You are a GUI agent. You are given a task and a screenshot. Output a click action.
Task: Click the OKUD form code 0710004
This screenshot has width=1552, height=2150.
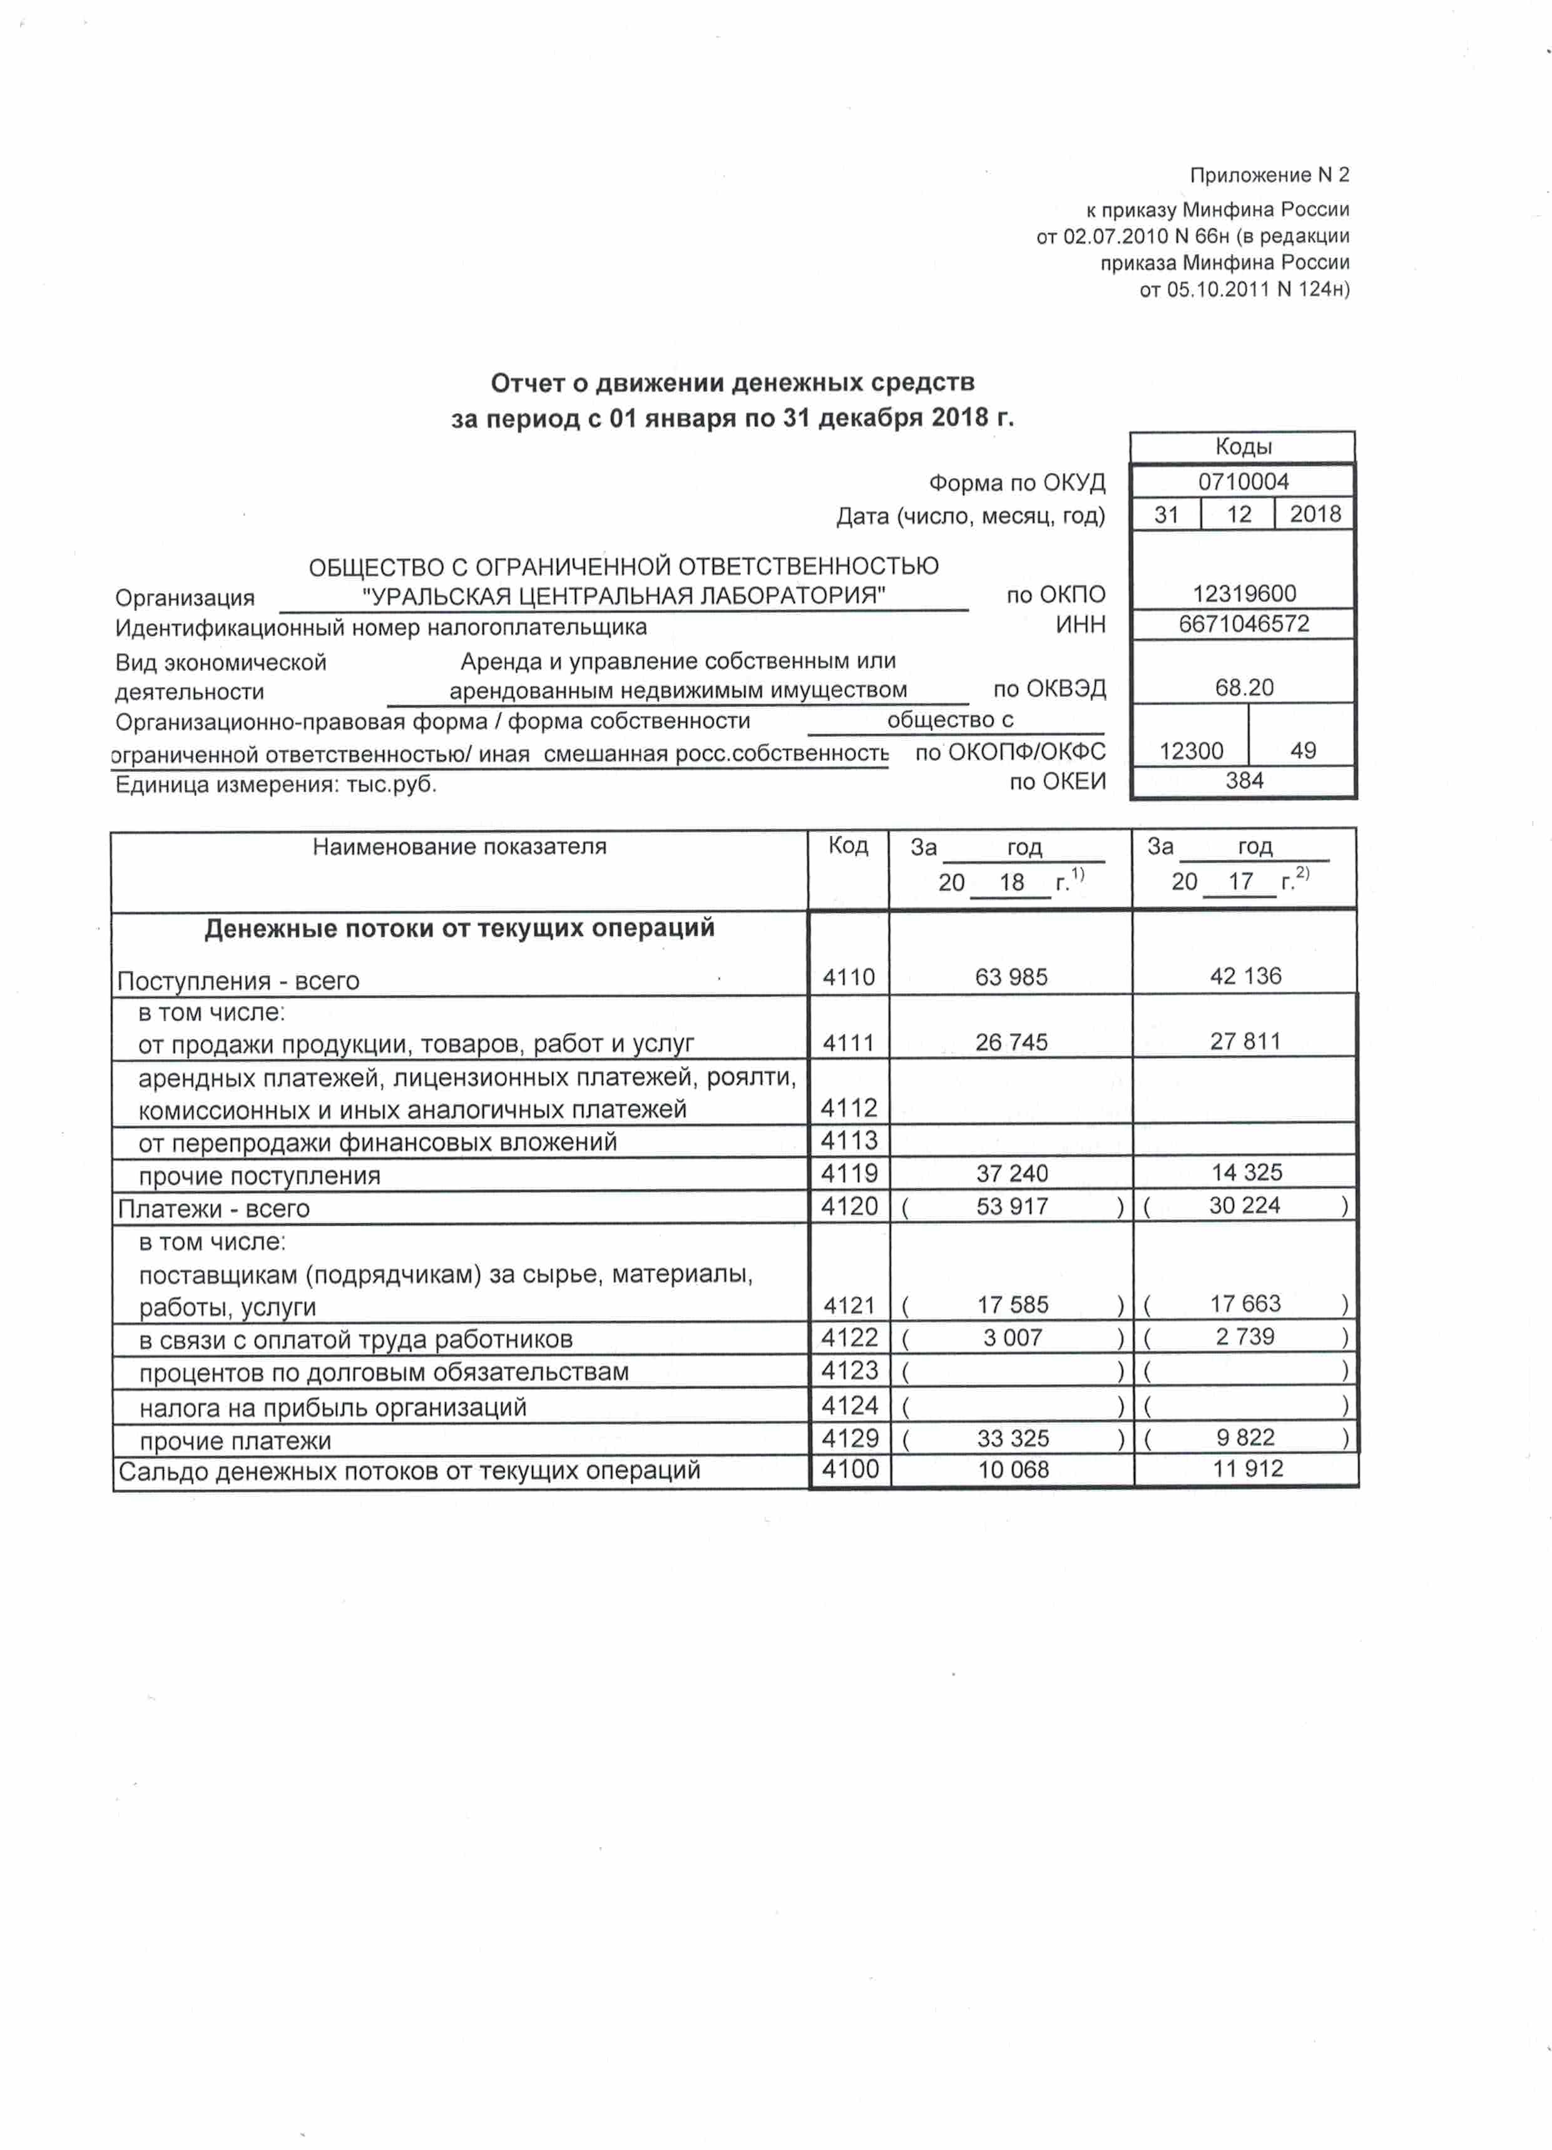[1243, 482]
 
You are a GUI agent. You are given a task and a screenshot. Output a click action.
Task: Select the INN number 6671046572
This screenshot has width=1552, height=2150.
[1243, 624]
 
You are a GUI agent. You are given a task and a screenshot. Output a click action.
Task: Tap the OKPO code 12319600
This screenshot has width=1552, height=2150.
[1243, 593]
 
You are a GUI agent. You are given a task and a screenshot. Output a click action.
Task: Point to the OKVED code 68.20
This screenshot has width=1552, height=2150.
[1243, 687]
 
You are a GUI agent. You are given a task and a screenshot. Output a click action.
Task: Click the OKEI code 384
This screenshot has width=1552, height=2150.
[1243, 780]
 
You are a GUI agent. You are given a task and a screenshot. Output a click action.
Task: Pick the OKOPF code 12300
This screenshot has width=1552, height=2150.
[1191, 751]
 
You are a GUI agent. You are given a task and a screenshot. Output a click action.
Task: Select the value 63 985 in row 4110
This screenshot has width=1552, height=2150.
[1011, 976]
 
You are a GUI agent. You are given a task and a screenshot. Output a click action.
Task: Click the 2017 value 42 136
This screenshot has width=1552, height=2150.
[1245, 976]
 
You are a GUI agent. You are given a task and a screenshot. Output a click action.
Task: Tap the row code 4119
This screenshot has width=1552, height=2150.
[849, 1173]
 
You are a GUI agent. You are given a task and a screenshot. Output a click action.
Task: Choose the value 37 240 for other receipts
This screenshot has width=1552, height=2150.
[1011, 1174]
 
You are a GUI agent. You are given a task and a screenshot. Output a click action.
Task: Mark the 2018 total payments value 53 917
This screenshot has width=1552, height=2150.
[1011, 1207]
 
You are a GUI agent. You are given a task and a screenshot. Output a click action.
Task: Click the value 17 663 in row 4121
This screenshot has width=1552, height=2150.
[1245, 1303]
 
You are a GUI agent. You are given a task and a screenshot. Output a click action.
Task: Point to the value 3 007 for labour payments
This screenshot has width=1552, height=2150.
[1011, 1338]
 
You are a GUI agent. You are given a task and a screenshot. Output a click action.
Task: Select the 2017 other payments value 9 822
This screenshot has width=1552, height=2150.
[1245, 1437]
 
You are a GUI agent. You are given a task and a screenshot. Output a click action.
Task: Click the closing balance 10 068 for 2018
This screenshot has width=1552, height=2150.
[1013, 1469]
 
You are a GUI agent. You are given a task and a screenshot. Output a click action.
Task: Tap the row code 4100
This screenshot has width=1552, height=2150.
[849, 1469]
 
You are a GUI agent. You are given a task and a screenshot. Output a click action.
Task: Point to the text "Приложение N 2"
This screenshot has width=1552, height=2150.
[1269, 175]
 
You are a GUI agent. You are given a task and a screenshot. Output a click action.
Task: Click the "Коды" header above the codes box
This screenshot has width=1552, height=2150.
[1243, 447]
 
